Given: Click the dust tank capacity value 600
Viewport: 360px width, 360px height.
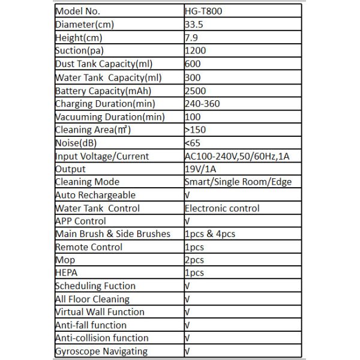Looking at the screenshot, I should pyautogui.click(x=193, y=64).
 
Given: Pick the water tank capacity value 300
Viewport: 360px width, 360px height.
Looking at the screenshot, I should pyautogui.click(x=193, y=77).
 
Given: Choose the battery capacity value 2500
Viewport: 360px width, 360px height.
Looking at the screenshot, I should pyautogui.click(x=196, y=91).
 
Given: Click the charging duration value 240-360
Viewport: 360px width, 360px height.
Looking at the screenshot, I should pyautogui.click(x=203, y=104).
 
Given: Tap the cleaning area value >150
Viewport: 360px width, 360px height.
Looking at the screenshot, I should pyautogui.click(x=196, y=130).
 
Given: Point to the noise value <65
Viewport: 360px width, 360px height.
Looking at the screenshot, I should pyautogui.click(x=193, y=143).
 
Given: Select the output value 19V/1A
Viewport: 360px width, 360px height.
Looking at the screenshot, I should pyautogui.click(x=201, y=169).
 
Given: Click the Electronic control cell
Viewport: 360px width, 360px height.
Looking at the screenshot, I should pyautogui.click(x=222, y=208).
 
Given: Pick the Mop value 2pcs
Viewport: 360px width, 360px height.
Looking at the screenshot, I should pyautogui.click(x=194, y=260).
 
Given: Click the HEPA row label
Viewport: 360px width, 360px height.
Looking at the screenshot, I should pyautogui.click(x=67, y=273).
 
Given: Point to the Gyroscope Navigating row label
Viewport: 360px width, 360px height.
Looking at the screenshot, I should pyautogui.click(x=101, y=352).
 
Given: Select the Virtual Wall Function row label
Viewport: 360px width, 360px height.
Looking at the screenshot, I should pyautogui.click(x=100, y=312).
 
